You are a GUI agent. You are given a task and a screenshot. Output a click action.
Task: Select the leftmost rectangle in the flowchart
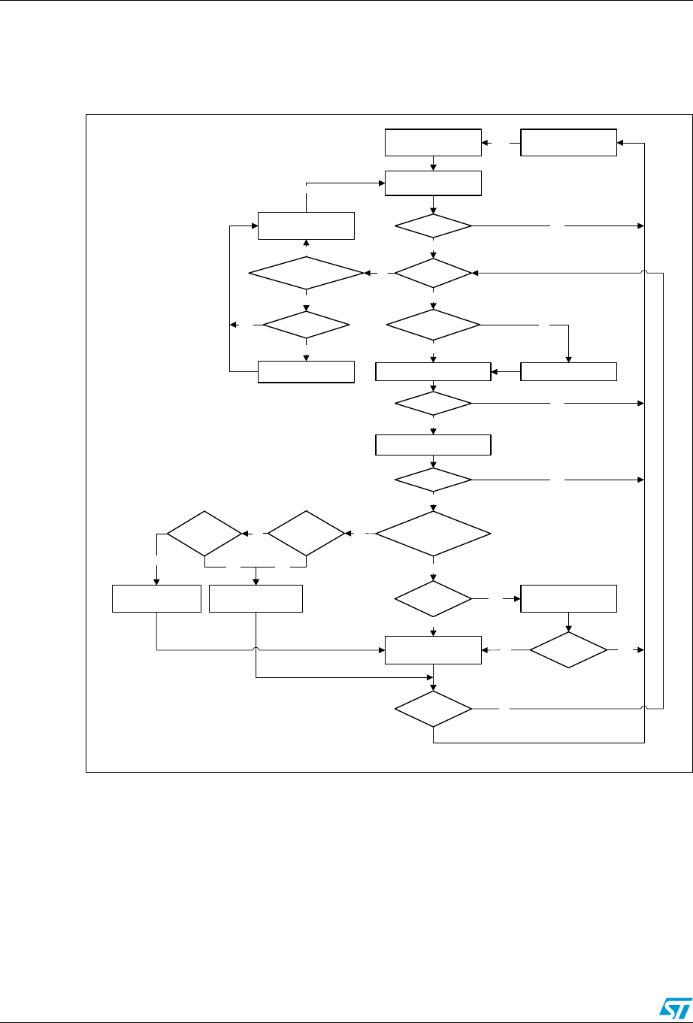pyautogui.click(x=156, y=598)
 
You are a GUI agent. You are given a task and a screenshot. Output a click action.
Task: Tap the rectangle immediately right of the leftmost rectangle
pyautogui.click(x=256, y=598)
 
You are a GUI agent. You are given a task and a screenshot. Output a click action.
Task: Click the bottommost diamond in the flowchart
pyautogui.click(x=434, y=709)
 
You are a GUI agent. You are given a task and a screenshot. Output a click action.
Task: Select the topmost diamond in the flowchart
pyautogui.click(x=434, y=225)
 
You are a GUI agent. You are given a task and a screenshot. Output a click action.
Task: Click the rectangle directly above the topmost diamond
pyautogui.click(x=433, y=183)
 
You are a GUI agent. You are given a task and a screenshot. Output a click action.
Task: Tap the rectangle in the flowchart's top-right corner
pyautogui.click(x=569, y=142)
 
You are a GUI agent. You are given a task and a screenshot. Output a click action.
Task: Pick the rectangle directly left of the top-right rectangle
pyautogui.click(x=433, y=142)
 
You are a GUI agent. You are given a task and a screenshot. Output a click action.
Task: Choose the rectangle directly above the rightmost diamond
pyautogui.click(x=569, y=598)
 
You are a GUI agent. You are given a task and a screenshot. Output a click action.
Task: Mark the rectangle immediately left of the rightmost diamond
pyautogui.click(x=433, y=649)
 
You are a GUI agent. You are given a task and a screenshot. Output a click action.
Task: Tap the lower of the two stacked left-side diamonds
pyautogui.click(x=307, y=325)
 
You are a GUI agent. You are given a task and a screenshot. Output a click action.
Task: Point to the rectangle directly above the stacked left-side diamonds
pyautogui.click(x=306, y=225)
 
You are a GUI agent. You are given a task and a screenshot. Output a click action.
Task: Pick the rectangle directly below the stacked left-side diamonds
pyautogui.click(x=306, y=371)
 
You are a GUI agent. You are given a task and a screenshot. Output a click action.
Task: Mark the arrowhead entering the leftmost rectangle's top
pyautogui.click(x=156, y=580)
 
